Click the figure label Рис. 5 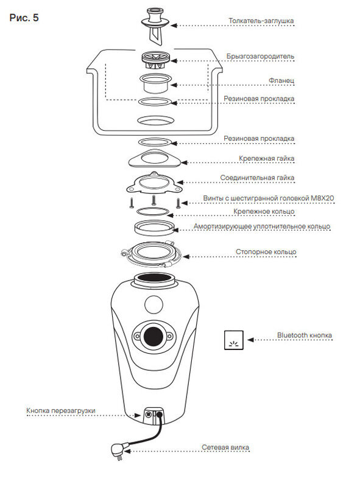pos(24,18)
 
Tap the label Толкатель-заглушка pos(261,21)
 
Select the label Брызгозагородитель pos(260,57)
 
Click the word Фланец pos(281,80)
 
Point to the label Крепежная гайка pos(266,158)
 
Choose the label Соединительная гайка pos(257,178)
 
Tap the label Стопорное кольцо pos(266,252)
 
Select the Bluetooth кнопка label pos(305,335)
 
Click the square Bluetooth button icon pos(234,340)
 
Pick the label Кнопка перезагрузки pos(61,410)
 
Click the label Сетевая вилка pos(225,447)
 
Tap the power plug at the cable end pos(118,450)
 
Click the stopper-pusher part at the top pos(155,26)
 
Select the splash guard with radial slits pos(155,61)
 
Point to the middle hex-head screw pos(154,200)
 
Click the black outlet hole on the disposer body pos(153,336)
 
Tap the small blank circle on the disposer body pos(154,304)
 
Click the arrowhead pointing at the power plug pos(127,451)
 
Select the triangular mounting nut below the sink pos(155,159)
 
